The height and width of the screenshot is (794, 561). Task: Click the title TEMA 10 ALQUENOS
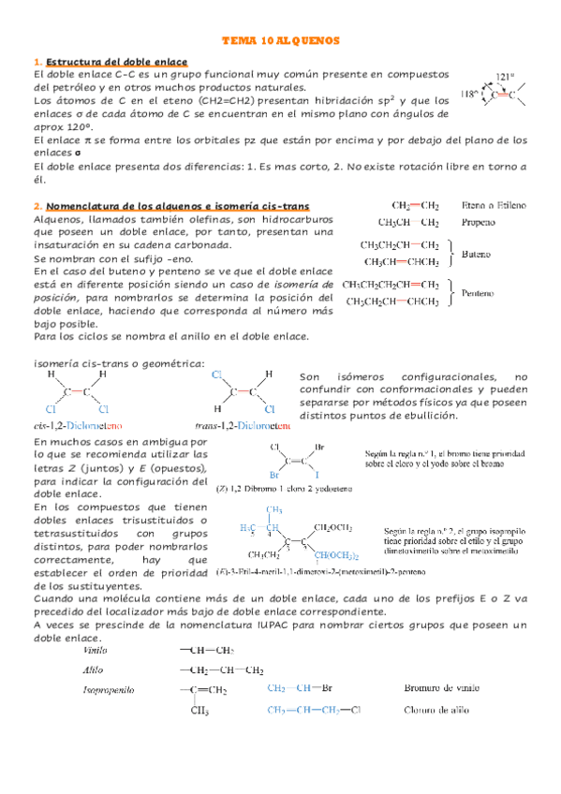pos(280,41)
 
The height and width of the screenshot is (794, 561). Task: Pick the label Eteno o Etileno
pos(494,205)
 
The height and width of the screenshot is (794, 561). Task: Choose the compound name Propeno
pos(479,222)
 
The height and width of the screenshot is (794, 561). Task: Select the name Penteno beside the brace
pos(478,293)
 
